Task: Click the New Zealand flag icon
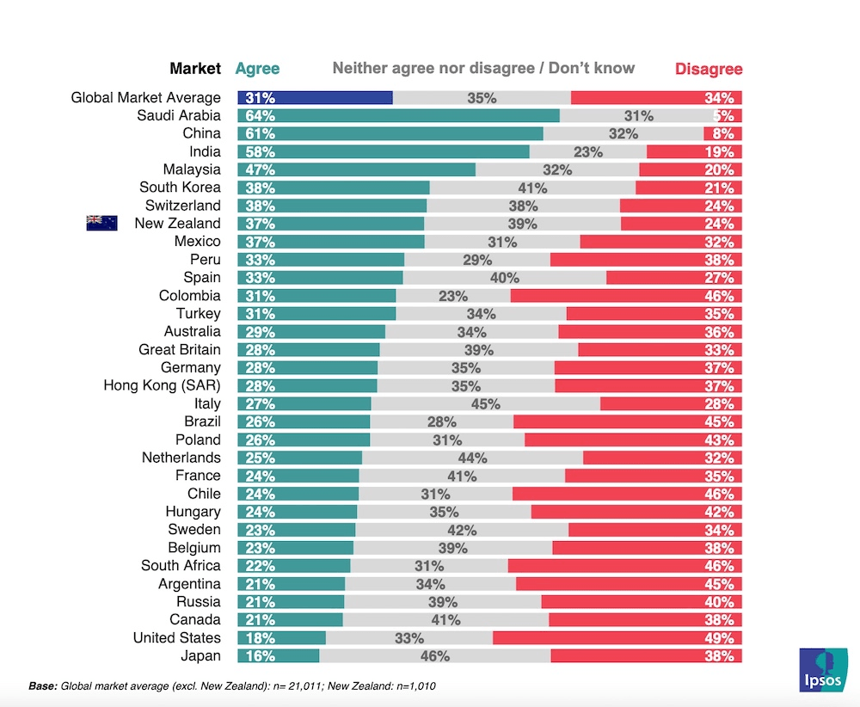pyautogui.click(x=101, y=224)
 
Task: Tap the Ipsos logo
pyautogui.click(x=822, y=669)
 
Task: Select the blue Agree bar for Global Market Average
pyautogui.click(x=316, y=98)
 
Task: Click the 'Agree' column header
pyautogui.click(x=257, y=69)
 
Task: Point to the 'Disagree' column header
pyautogui.click(x=708, y=69)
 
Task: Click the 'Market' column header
pyautogui.click(x=195, y=69)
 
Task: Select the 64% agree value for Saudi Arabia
pyautogui.click(x=260, y=116)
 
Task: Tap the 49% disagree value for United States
pyautogui.click(x=720, y=638)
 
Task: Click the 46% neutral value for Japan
pyautogui.click(x=435, y=656)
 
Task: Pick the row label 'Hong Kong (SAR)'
pyautogui.click(x=162, y=385)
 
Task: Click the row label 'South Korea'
pyautogui.click(x=180, y=188)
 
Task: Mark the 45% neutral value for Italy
pyautogui.click(x=486, y=403)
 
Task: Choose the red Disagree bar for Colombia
pyautogui.click(x=626, y=296)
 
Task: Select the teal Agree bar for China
pyautogui.click(x=390, y=134)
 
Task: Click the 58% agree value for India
pyautogui.click(x=260, y=152)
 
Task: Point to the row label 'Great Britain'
pyautogui.click(x=179, y=349)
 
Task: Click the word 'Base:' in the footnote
pyautogui.click(x=43, y=686)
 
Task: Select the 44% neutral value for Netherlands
pyautogui.click(x=472, y=458)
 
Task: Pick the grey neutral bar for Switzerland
pyautogui.click(x=523, y=206)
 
